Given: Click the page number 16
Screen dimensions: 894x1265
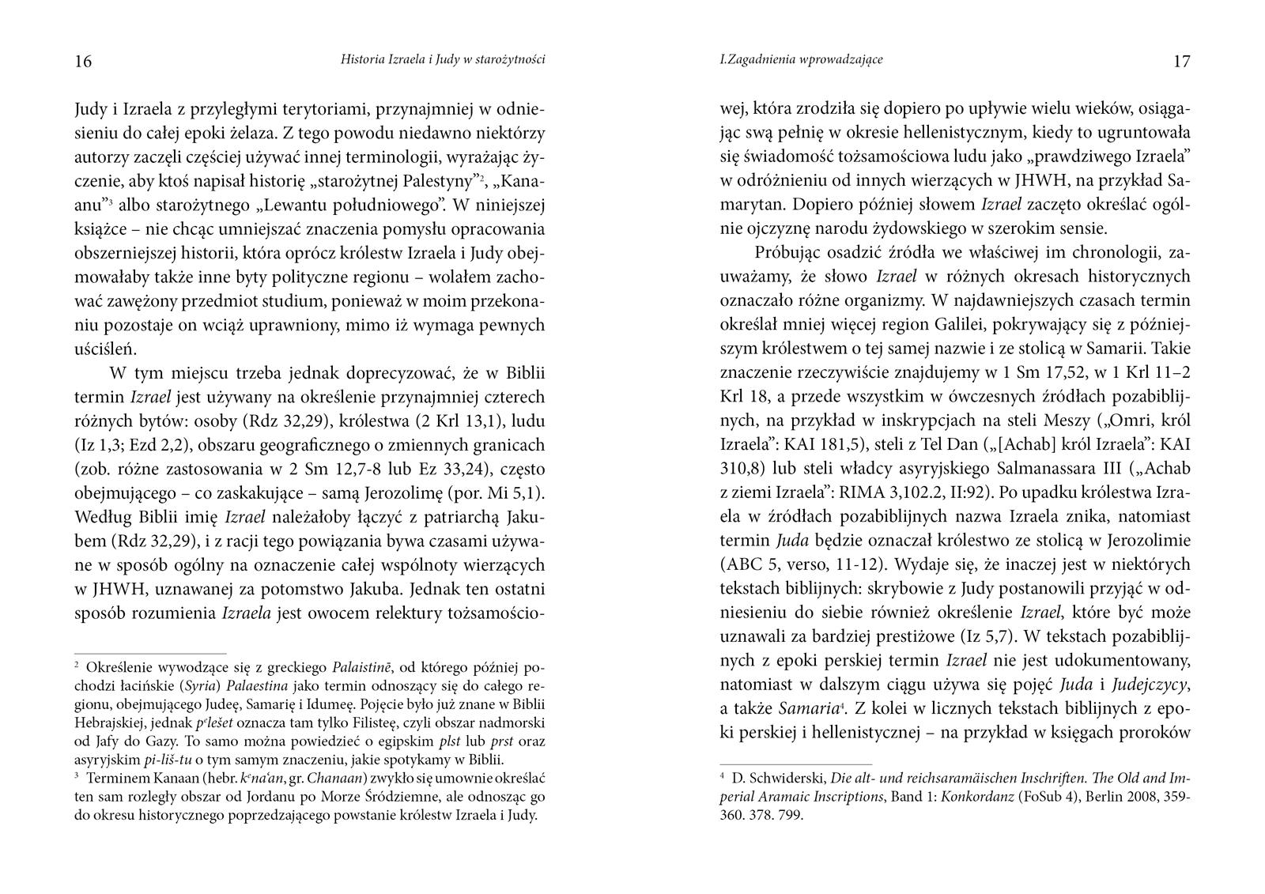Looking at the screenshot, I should point(83,62).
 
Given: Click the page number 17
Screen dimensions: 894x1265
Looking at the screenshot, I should point(1181,62).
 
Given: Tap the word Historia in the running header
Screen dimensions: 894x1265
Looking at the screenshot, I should point(362,59).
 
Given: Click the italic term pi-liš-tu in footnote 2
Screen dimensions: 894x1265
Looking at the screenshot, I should point(166,760).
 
